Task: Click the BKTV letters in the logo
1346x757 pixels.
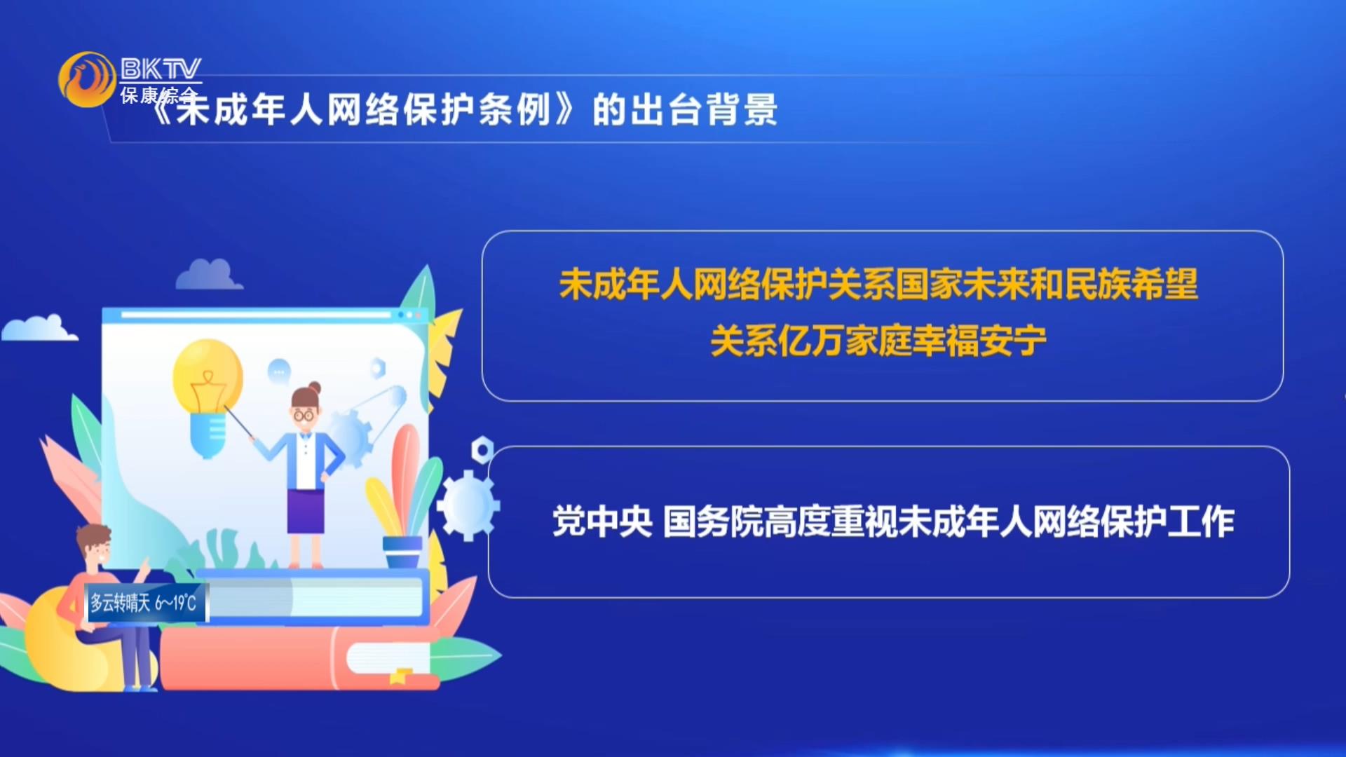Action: click(161, 69)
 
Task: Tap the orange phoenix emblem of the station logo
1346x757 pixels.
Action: click(87, 79)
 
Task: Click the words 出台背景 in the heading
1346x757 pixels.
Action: click(685, 110)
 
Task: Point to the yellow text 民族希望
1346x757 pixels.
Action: click(1131, 285)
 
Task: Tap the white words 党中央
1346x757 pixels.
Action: click(602, 521)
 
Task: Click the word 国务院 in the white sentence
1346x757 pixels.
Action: click(712, 521)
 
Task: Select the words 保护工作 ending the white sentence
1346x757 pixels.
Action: click(1167, 521)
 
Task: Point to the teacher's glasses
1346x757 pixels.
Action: click(304, 415)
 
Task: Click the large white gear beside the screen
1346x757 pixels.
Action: click(468, 505)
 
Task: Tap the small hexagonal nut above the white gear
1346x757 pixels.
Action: click(482, 449)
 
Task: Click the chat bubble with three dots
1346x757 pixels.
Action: click(279, 371)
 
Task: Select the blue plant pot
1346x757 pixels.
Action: click(402, 551)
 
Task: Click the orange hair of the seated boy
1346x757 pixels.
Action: click(93, 537)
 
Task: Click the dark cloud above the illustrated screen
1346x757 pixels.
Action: click(208, 274)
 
